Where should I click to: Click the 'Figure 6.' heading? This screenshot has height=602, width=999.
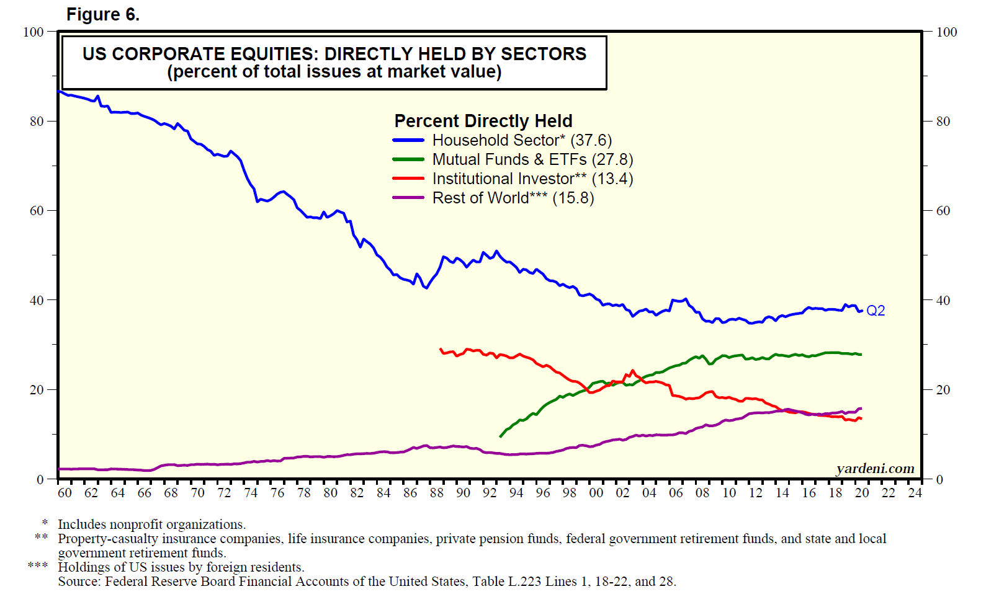click(x=103, y=14)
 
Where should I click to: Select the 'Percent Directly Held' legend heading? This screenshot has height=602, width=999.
click(x=483, y=121)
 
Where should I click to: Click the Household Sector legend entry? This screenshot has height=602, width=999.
click(x=522, y=141)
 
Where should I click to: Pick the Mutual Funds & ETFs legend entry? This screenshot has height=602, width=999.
click(x=532, y=160)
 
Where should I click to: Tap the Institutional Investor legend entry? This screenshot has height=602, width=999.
click(x=532, y=179)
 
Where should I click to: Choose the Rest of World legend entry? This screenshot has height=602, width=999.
click(x=513, y=198)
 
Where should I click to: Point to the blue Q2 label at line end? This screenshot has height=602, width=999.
click(x=876, y=311)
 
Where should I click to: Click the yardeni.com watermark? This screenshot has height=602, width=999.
click(x=875, y=469)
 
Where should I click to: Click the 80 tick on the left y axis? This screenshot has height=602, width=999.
click(x=37, y=122)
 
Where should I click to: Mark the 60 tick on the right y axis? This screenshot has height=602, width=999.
click(x=943, y=211)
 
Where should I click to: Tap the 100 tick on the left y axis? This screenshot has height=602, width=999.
click(x=34, y=32)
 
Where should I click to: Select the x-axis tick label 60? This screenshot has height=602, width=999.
click(x=65, y=493)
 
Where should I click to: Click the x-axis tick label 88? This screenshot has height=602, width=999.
click(x=437, y=493)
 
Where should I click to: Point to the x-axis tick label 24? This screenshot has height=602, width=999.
click(x=915, y=493)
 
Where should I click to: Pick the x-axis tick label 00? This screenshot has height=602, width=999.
click(x=596, y=493)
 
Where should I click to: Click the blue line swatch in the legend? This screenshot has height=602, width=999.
click(x=408, y=141)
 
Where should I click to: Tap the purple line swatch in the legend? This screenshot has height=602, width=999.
click(x=408, y=198)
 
